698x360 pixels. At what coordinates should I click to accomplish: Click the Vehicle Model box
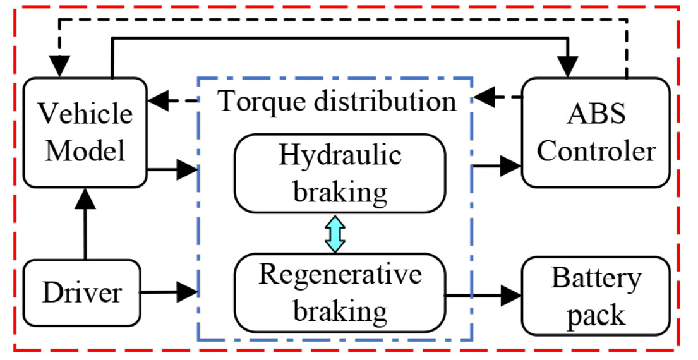click(x=84, y=133)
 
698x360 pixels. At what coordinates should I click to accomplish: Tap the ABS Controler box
click(x=596, y=133)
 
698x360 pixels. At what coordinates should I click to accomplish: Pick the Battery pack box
click(x=596, y=296)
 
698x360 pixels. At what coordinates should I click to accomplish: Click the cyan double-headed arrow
click(x=335, y=232)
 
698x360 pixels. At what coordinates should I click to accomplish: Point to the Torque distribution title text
click(x=336, y=100)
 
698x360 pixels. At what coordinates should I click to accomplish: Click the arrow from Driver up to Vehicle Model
click(x=84, y=224)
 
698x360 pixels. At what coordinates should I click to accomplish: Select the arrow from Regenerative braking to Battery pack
click(x=484, y=294)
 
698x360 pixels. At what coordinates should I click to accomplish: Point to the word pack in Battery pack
click(x=596, y=314)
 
